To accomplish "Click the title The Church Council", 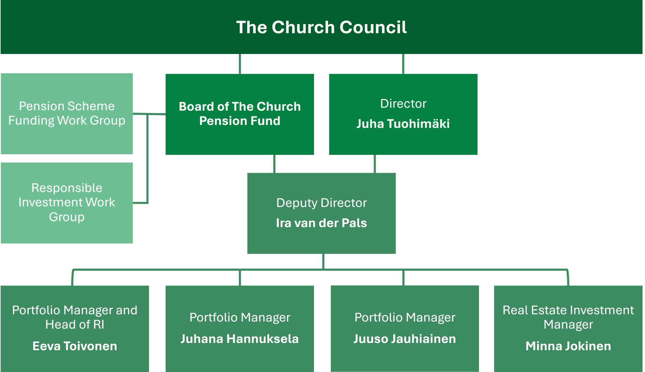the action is [x=321, y=27].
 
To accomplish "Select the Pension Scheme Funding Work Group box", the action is [x=67, y=114].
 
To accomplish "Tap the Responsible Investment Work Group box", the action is [x=67, y=203].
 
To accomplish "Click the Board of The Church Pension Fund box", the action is [x=240, y=114].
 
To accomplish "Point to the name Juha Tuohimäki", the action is [x=403, y=124].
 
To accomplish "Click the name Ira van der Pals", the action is [x=321, y=223].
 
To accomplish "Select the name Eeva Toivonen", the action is [x=75, y=346].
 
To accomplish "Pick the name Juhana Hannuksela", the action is [x=240, y=339].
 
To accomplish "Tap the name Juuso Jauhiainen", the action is [x=404, y=339].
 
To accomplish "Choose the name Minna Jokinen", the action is [x=568, y=346].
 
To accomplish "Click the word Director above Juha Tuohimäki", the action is [x=403, y=104].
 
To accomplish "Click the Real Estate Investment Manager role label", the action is [x=568, y=317].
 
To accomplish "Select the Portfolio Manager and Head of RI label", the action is [x=75, y=317].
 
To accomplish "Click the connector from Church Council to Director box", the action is [x=403, y=64].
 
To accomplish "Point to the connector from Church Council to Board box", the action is [x=240, y=64].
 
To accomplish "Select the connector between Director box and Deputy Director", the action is [x=375, y=164].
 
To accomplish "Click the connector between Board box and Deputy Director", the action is [x=274, y=164].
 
